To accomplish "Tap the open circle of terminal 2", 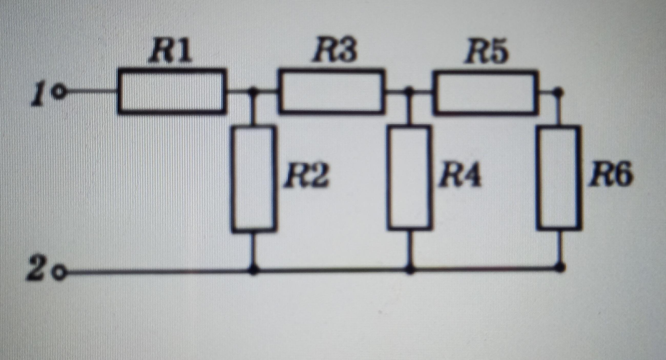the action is [59, 272].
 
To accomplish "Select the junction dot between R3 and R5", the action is [409, 91].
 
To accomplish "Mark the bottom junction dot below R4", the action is [410, 269].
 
